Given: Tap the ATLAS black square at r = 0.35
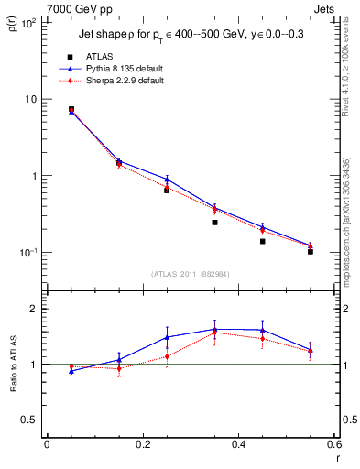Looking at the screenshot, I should pos(214,223).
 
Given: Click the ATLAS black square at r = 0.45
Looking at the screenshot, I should pos(262,241).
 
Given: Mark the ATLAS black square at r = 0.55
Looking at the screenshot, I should pos(311,251).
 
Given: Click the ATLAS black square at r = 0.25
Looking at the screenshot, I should pos(167,190).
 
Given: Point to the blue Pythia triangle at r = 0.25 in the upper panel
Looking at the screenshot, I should pos(167,179).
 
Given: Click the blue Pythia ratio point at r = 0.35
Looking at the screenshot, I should pos(214,329).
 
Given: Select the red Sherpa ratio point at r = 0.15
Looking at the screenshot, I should pos(119,368).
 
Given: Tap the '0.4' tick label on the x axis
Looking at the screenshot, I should pos(238,445).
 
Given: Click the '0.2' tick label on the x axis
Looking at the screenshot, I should pos(142,445).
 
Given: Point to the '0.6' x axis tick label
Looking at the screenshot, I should pos(333,445).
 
